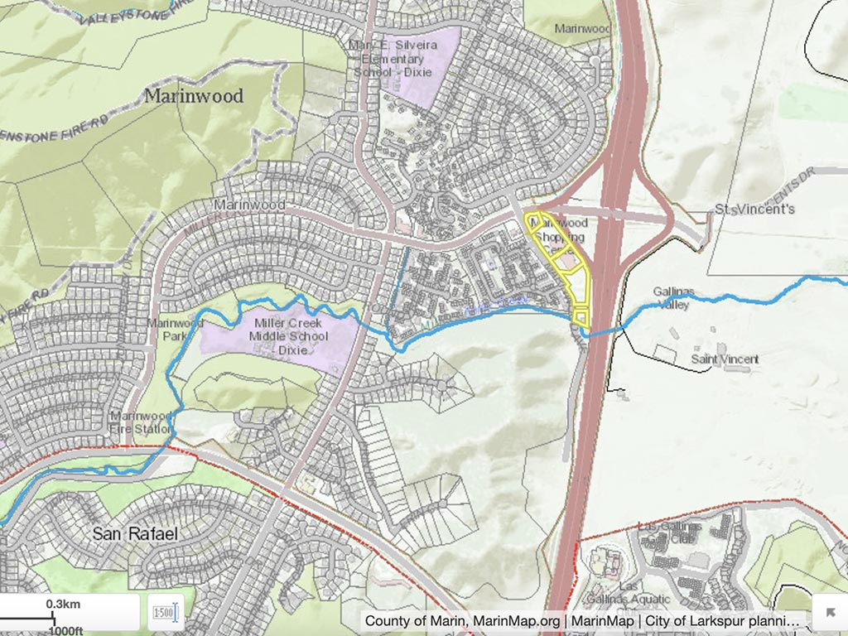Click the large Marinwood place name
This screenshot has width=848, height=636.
(x=194, y=96)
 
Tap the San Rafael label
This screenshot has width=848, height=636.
(x=135, y=534)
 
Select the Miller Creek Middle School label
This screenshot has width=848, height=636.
(x=288, y=335)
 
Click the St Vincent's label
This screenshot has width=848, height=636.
(x=754, y=209)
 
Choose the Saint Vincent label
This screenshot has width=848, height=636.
(x=725, y=359)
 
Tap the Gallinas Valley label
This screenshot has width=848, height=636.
(x=673, y=298)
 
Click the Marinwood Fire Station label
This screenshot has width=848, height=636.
(x=142, y=422)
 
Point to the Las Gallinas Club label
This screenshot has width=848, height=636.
(x=670, y=532)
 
